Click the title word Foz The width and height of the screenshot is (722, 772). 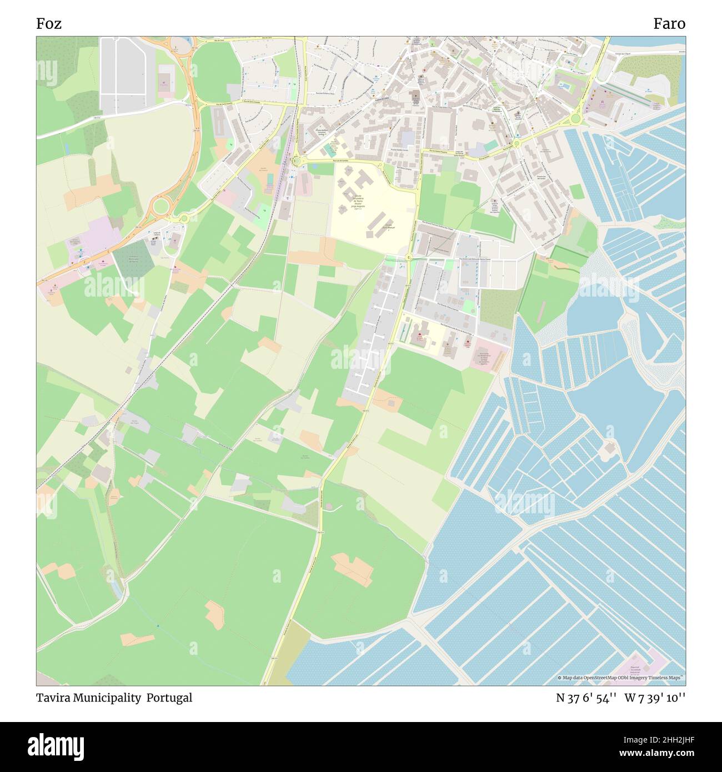pos(49,24)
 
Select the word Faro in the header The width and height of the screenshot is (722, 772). pos(669,24)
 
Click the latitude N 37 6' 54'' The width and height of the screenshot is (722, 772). pos(586,698)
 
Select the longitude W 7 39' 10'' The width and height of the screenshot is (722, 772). pos(655,698)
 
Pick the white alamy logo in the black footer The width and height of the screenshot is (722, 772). pos(56,745)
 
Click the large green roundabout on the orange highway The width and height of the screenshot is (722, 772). pos(161,207)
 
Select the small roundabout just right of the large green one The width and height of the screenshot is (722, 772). pos(184,219)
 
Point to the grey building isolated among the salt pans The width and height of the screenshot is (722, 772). pos(609,448)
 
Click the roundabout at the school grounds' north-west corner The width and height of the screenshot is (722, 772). pos(297,161)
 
